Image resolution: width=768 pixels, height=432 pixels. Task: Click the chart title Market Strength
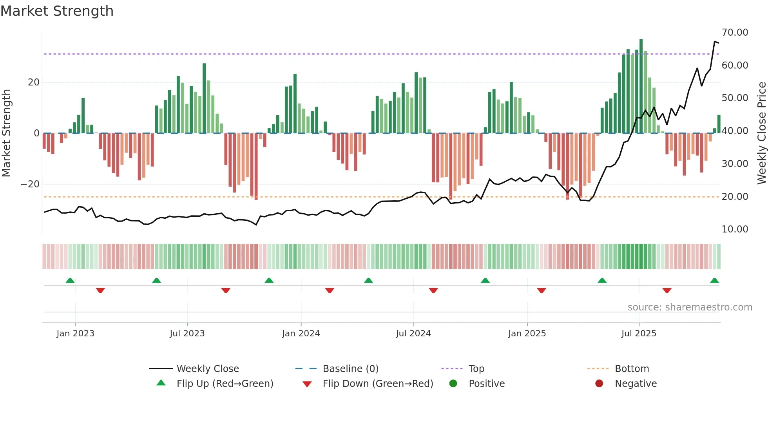coord(57,11)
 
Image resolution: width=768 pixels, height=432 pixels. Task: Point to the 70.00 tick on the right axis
coord(735,33)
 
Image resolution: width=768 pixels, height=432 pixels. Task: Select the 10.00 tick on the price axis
coord(735,229)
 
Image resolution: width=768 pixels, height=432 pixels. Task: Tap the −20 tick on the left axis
coord(30,184)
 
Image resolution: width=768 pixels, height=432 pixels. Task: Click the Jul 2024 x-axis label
coord(413,334)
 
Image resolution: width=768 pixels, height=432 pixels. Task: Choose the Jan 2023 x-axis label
coord(75,334)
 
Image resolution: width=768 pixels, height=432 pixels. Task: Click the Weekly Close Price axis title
coord(761,133)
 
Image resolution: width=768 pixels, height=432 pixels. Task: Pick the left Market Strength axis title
coord(7,133)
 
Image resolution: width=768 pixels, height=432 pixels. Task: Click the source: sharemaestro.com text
coord(690,307)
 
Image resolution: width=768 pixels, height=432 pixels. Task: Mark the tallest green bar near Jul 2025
coord(641,86)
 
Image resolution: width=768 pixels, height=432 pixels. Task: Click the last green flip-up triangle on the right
coord(714,281)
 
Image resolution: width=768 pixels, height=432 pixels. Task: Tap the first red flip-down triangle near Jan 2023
coord(100,290)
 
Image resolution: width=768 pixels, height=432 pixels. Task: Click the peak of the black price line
coord(715,41)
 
